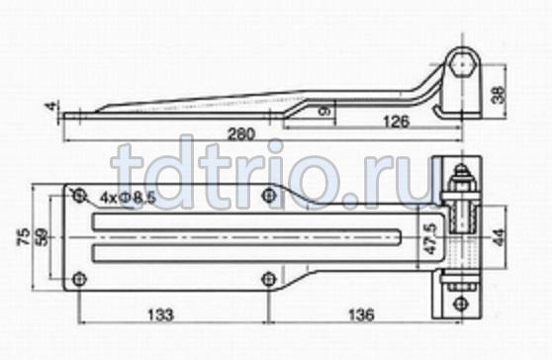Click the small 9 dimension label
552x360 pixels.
[x=322, y=112]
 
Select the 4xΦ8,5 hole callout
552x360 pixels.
[x=128, y=201]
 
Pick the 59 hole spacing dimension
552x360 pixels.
[x=43, y=236]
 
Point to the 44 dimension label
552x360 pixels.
[x=501, y=237]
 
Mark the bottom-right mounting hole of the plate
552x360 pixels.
[x=269, y=280]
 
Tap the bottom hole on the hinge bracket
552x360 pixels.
[x=458, y=301]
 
